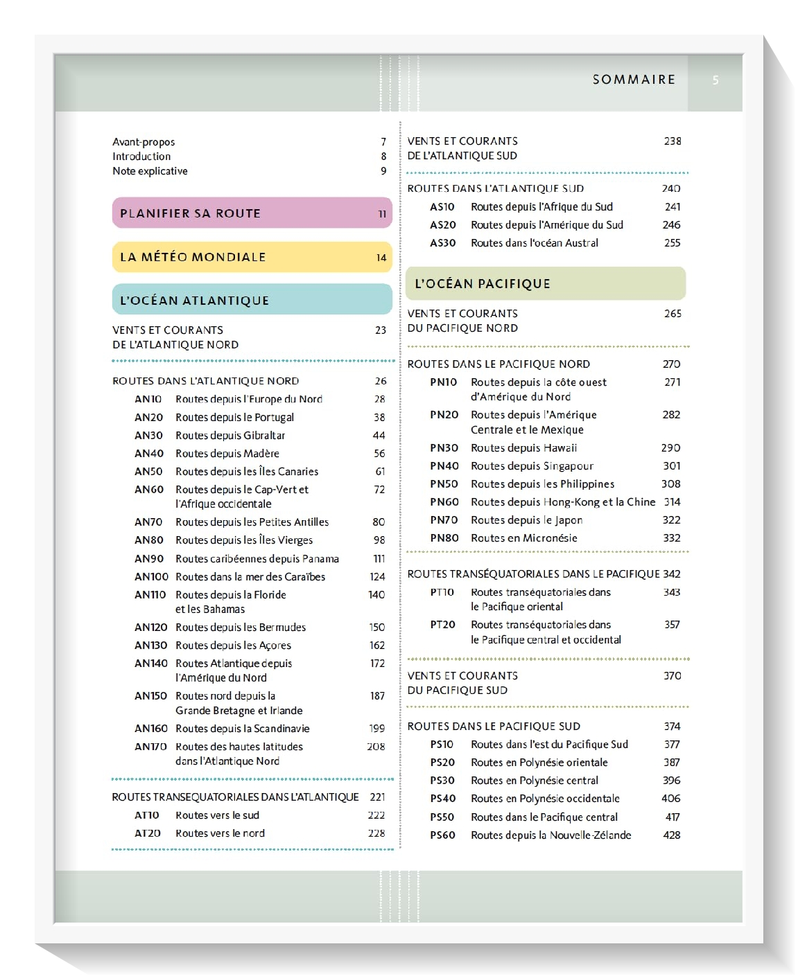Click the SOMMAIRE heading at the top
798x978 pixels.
point(634,80)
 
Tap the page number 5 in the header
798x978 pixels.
point(715,80)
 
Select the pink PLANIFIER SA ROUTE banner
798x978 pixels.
point(252,213)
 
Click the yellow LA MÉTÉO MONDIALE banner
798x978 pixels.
point(252,257)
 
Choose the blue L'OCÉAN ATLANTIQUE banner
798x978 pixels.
point(252,300)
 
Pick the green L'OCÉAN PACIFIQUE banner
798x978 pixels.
point(546,283)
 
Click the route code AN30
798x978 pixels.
point(149,436)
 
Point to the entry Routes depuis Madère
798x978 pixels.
point(227,454)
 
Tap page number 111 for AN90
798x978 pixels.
point(379,559)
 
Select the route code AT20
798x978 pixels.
point(148,833)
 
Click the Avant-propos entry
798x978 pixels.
point(144,142)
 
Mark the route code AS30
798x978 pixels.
point(443,243)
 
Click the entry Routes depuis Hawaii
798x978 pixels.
point(523,448)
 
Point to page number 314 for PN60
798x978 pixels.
point(672,502)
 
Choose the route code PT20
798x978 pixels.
point(442,625)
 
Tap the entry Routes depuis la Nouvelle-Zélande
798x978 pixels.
point(550,835)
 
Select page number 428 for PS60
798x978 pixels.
point(671,835)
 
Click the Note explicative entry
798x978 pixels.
point(150,171)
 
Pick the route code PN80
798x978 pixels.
point(444,538)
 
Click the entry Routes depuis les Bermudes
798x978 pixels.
point(241,628)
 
